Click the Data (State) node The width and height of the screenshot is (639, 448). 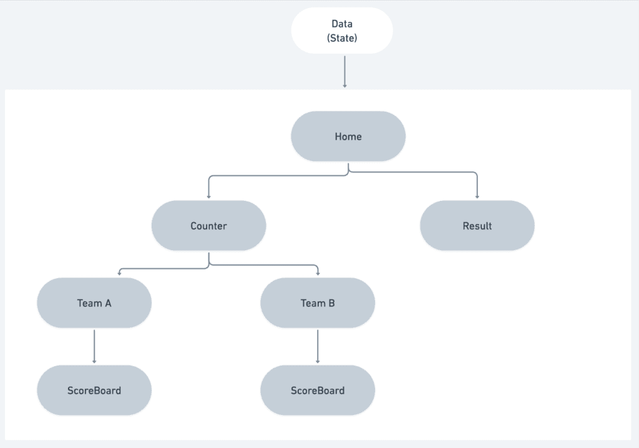342,30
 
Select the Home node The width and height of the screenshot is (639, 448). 348,137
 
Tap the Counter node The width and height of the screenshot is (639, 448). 208,226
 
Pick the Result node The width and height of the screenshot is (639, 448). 477,226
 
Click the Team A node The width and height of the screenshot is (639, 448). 94,303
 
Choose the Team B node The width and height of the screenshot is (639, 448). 318,303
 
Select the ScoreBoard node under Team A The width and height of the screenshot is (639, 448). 94,391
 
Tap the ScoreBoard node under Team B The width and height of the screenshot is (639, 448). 318,391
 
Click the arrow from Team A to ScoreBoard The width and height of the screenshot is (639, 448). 94,346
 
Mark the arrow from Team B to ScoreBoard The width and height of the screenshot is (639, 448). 318,346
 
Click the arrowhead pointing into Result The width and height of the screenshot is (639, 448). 477,196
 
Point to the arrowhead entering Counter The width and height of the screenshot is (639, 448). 208,196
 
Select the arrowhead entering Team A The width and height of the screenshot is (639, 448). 119,273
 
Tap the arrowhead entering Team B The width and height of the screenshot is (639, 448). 318,273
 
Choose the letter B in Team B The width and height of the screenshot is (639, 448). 331,303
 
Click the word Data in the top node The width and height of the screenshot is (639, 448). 342,24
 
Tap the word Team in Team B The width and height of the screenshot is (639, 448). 312,303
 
